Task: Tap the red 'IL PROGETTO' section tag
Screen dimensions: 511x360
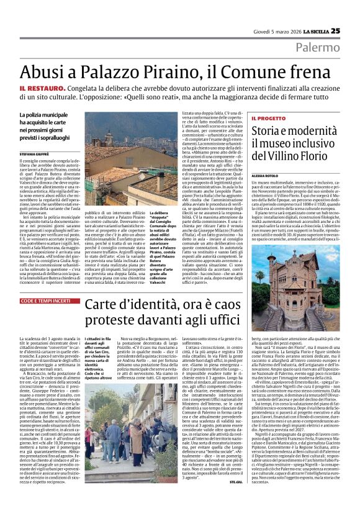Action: click(x=251, y=118)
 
